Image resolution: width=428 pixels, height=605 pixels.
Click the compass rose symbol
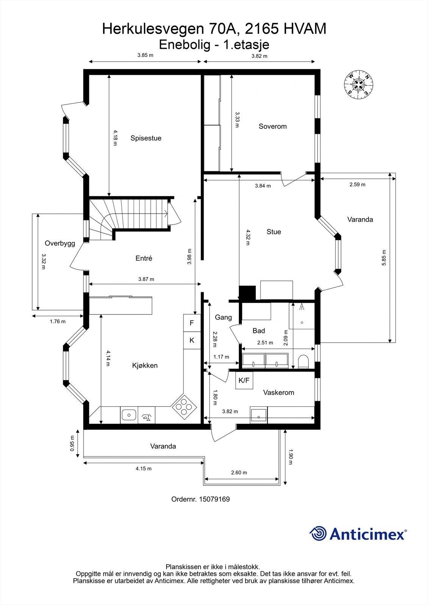pos(358,85)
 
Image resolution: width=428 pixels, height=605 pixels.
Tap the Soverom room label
pos(272,126)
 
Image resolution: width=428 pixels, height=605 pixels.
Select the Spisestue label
pos(146,138)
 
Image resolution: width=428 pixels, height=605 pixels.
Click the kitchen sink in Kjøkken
pos(129,415)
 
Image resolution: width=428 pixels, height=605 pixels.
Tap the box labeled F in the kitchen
pos(192,323)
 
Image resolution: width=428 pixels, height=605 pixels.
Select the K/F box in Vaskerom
pos(244,380)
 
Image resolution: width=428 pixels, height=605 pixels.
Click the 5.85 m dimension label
pos(384,258)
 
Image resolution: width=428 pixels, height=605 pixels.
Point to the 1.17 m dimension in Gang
pos(221,357)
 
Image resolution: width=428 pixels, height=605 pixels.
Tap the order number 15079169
pos(215,499)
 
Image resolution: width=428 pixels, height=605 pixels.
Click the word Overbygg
pos(60,244)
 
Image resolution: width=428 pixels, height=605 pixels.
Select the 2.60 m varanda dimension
pos(239,473)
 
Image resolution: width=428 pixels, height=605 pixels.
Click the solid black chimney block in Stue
pos(247,293)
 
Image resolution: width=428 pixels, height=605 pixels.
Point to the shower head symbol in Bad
pos(302,306)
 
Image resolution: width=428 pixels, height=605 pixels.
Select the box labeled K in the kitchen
pos(192,340)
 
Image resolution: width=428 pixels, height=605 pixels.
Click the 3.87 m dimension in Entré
pos(146,279)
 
